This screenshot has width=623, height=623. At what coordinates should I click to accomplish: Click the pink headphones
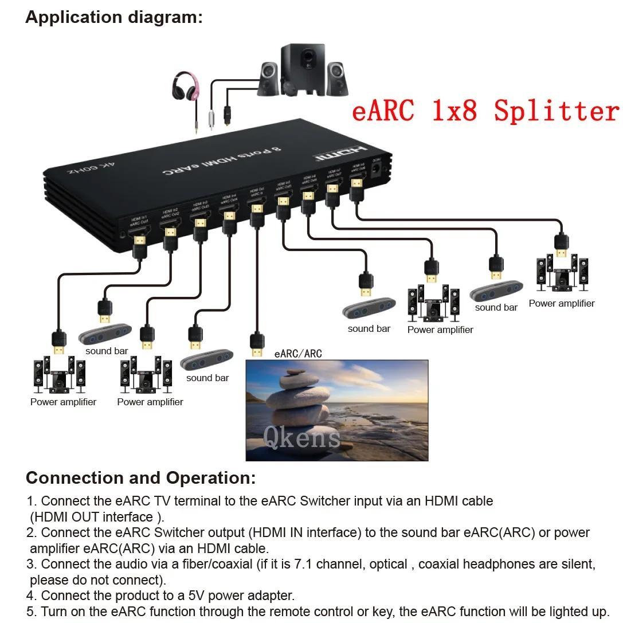click(187, 86)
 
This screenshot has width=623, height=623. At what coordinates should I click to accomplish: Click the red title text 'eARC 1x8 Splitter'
click(485, 110)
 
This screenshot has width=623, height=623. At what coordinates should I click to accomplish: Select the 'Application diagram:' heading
click(114, 17)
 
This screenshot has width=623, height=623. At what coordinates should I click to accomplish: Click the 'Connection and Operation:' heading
click(141, 478)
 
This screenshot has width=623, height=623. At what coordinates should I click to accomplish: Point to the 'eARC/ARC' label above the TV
click(299, 354)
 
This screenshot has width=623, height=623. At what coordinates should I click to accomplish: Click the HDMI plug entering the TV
click(257, 344)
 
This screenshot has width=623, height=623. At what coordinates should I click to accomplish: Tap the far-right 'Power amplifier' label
click(562, 303)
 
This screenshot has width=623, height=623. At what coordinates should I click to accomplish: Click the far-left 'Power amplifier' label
click(63, 402)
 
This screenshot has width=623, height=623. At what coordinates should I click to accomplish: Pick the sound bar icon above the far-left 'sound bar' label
click(105, 334)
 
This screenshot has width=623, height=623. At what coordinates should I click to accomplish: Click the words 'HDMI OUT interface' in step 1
click(92, 517)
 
